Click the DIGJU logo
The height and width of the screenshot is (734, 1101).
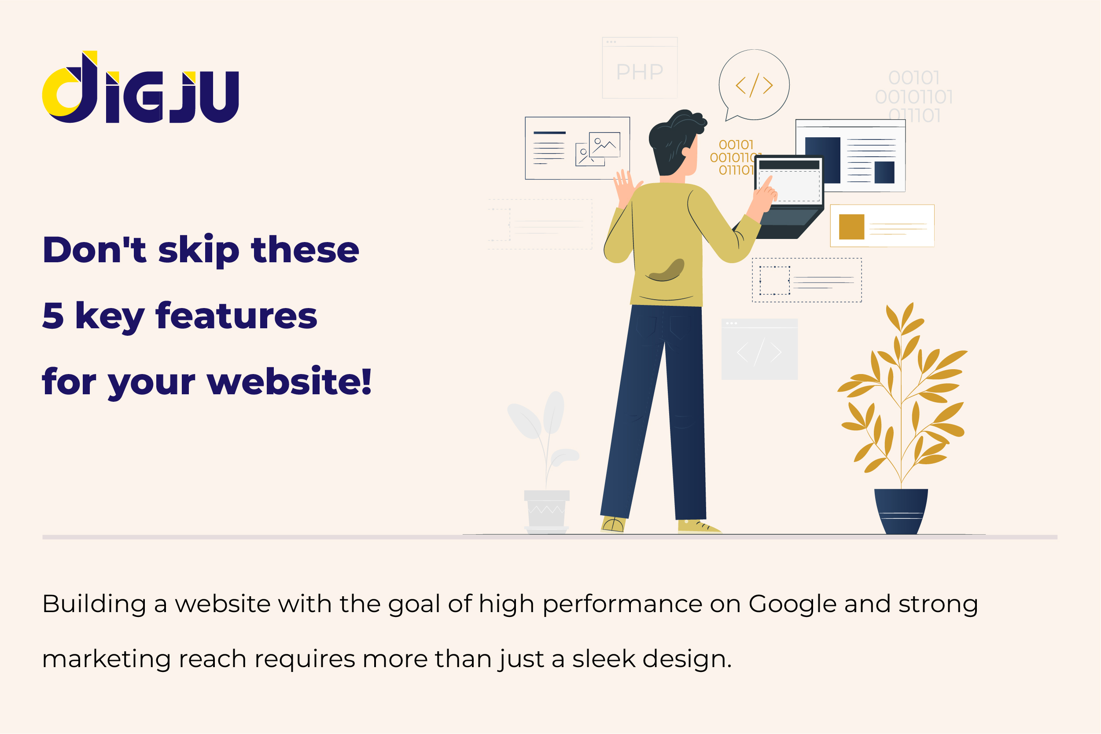140,87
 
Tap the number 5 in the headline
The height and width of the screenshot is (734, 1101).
53,316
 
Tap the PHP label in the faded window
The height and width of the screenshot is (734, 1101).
640,72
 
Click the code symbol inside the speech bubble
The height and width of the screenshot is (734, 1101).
754,85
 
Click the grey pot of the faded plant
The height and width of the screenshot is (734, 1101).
546,511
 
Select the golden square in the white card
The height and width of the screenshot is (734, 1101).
851,227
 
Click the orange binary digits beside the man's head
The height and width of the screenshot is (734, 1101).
736,157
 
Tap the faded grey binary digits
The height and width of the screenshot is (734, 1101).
913,96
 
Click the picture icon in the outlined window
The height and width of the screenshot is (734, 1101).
598,148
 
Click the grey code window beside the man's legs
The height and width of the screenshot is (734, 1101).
759,349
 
